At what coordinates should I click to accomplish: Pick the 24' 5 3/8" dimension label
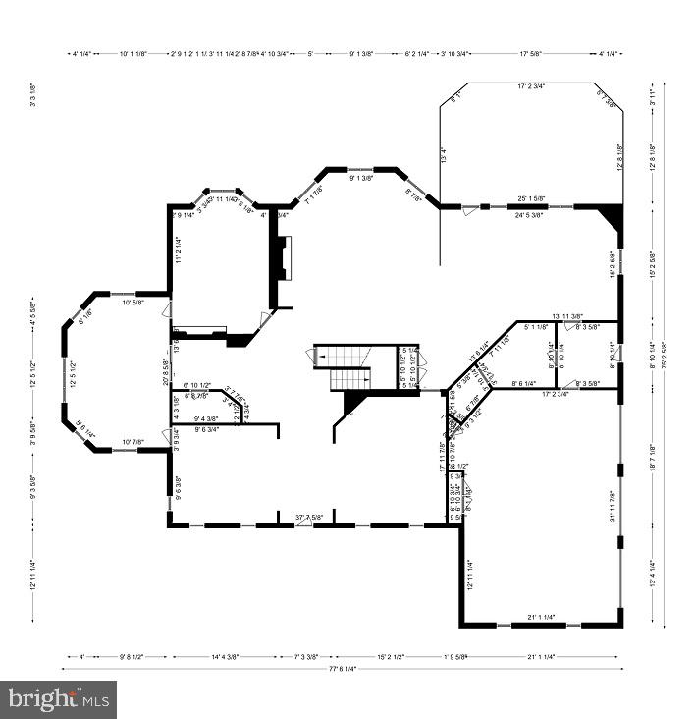click(x=529, y=214)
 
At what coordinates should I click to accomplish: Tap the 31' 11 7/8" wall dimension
click(x=613, y=506)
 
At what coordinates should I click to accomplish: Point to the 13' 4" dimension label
click(x=443, y=154)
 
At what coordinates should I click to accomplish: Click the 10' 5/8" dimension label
click(x=133, y=303)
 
